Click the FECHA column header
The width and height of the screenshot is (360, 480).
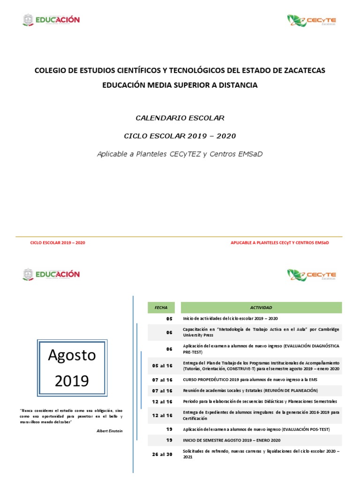tap(161, 307)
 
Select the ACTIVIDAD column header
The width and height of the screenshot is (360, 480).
tap(261, 307)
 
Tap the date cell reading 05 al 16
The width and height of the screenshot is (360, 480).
tap(162, 366)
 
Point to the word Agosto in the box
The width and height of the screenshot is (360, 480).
tap(72, 355)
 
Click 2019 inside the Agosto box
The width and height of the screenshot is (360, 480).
tap(72, 381)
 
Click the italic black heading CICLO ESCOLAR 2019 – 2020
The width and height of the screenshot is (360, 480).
tap(180, 136)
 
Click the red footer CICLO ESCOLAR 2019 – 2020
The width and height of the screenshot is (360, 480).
tap(58, 243)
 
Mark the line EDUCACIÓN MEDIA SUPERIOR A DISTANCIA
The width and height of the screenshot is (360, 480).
tap(180, 85)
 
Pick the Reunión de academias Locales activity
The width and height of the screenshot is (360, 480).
tap(250, 390)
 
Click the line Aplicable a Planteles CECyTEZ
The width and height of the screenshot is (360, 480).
tap(180, 154)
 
